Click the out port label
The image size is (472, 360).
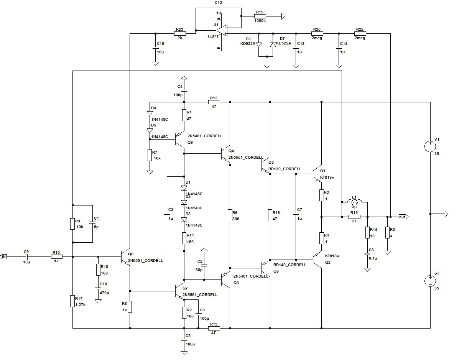403,217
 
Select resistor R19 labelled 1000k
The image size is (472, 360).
260,16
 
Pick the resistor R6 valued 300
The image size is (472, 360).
230,215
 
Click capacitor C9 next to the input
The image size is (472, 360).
26,256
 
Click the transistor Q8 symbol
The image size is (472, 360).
125,256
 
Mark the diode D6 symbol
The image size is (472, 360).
259,45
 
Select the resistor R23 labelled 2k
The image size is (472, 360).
179,33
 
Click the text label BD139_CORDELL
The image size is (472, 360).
285,169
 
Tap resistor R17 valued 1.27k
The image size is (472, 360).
72,301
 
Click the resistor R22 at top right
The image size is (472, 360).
360,33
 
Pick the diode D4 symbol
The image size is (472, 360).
149,113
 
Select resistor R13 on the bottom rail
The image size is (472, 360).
214,328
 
